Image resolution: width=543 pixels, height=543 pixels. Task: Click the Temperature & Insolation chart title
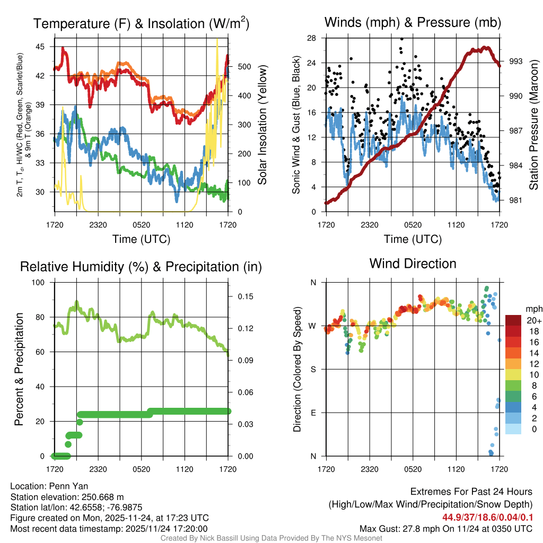point(141,23)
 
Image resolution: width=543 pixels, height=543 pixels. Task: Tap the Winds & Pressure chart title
point(413,22)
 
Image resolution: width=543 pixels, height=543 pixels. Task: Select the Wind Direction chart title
point(413,264)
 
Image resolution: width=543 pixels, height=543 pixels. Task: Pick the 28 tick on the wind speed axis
point(312,38)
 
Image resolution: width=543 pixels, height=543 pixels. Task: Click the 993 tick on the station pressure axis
point(516,61)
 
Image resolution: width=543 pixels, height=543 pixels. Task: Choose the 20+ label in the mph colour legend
point(533,320)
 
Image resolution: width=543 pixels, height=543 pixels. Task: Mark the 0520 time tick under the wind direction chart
point(413,469)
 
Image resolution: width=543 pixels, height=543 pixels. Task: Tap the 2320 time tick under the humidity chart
point(98,469)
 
